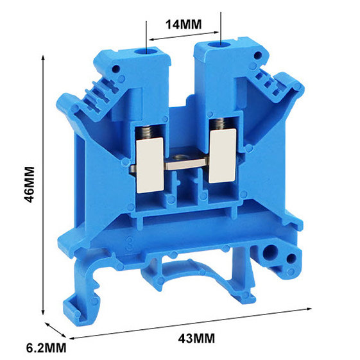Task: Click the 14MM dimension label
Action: (184, 24)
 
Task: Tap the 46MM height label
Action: (30, 185)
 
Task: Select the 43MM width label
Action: (196, 338)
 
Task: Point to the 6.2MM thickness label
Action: (46, 348)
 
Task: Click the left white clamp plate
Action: (150, 166)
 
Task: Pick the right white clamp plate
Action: (223, 156)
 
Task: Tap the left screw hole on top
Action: (146, 51)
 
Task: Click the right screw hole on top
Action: (220, 45)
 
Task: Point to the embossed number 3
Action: (130, 244)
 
